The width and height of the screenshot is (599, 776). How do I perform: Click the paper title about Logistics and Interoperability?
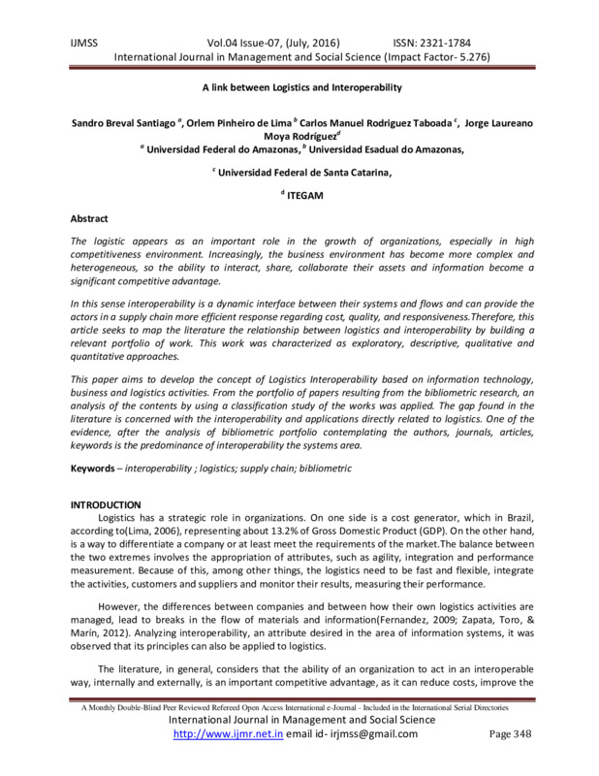pyautogui.click(x=299, y=86)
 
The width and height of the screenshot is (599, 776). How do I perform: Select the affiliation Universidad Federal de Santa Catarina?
pyautogui.click(x=302, y=171)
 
